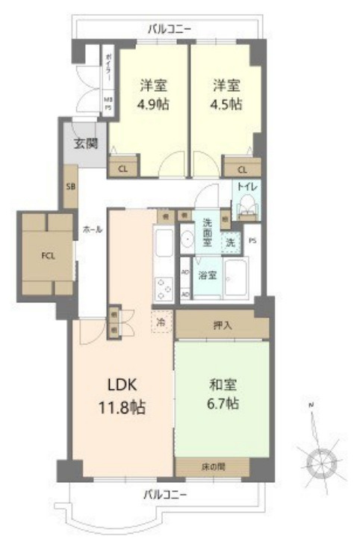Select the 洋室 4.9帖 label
pos(152,94)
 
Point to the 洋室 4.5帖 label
pos(225,94)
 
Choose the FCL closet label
pos(47,253)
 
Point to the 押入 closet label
pos(222,325)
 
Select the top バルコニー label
pos(170,29)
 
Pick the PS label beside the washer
pos(252,240)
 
